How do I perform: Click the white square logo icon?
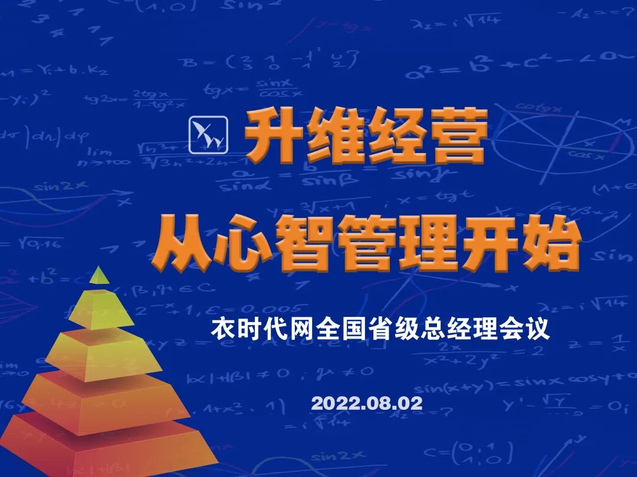[208, 134]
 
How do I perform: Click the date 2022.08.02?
[367, 403]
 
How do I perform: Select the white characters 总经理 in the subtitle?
[459, 329]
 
